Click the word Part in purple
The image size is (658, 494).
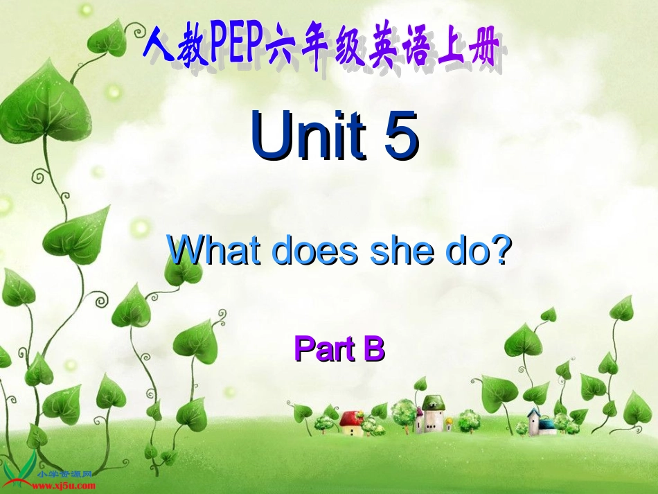323,349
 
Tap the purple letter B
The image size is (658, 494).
373,349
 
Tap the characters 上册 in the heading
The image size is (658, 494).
472,51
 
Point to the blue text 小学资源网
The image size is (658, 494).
66,475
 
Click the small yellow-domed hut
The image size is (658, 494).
448,422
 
